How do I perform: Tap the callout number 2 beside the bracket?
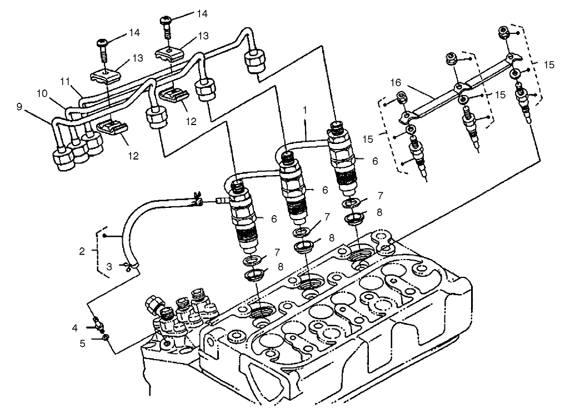coord(82,251)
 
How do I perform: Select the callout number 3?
coord(109,267)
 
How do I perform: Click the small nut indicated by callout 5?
coord(104,336)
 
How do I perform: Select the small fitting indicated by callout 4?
coord(98,322)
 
